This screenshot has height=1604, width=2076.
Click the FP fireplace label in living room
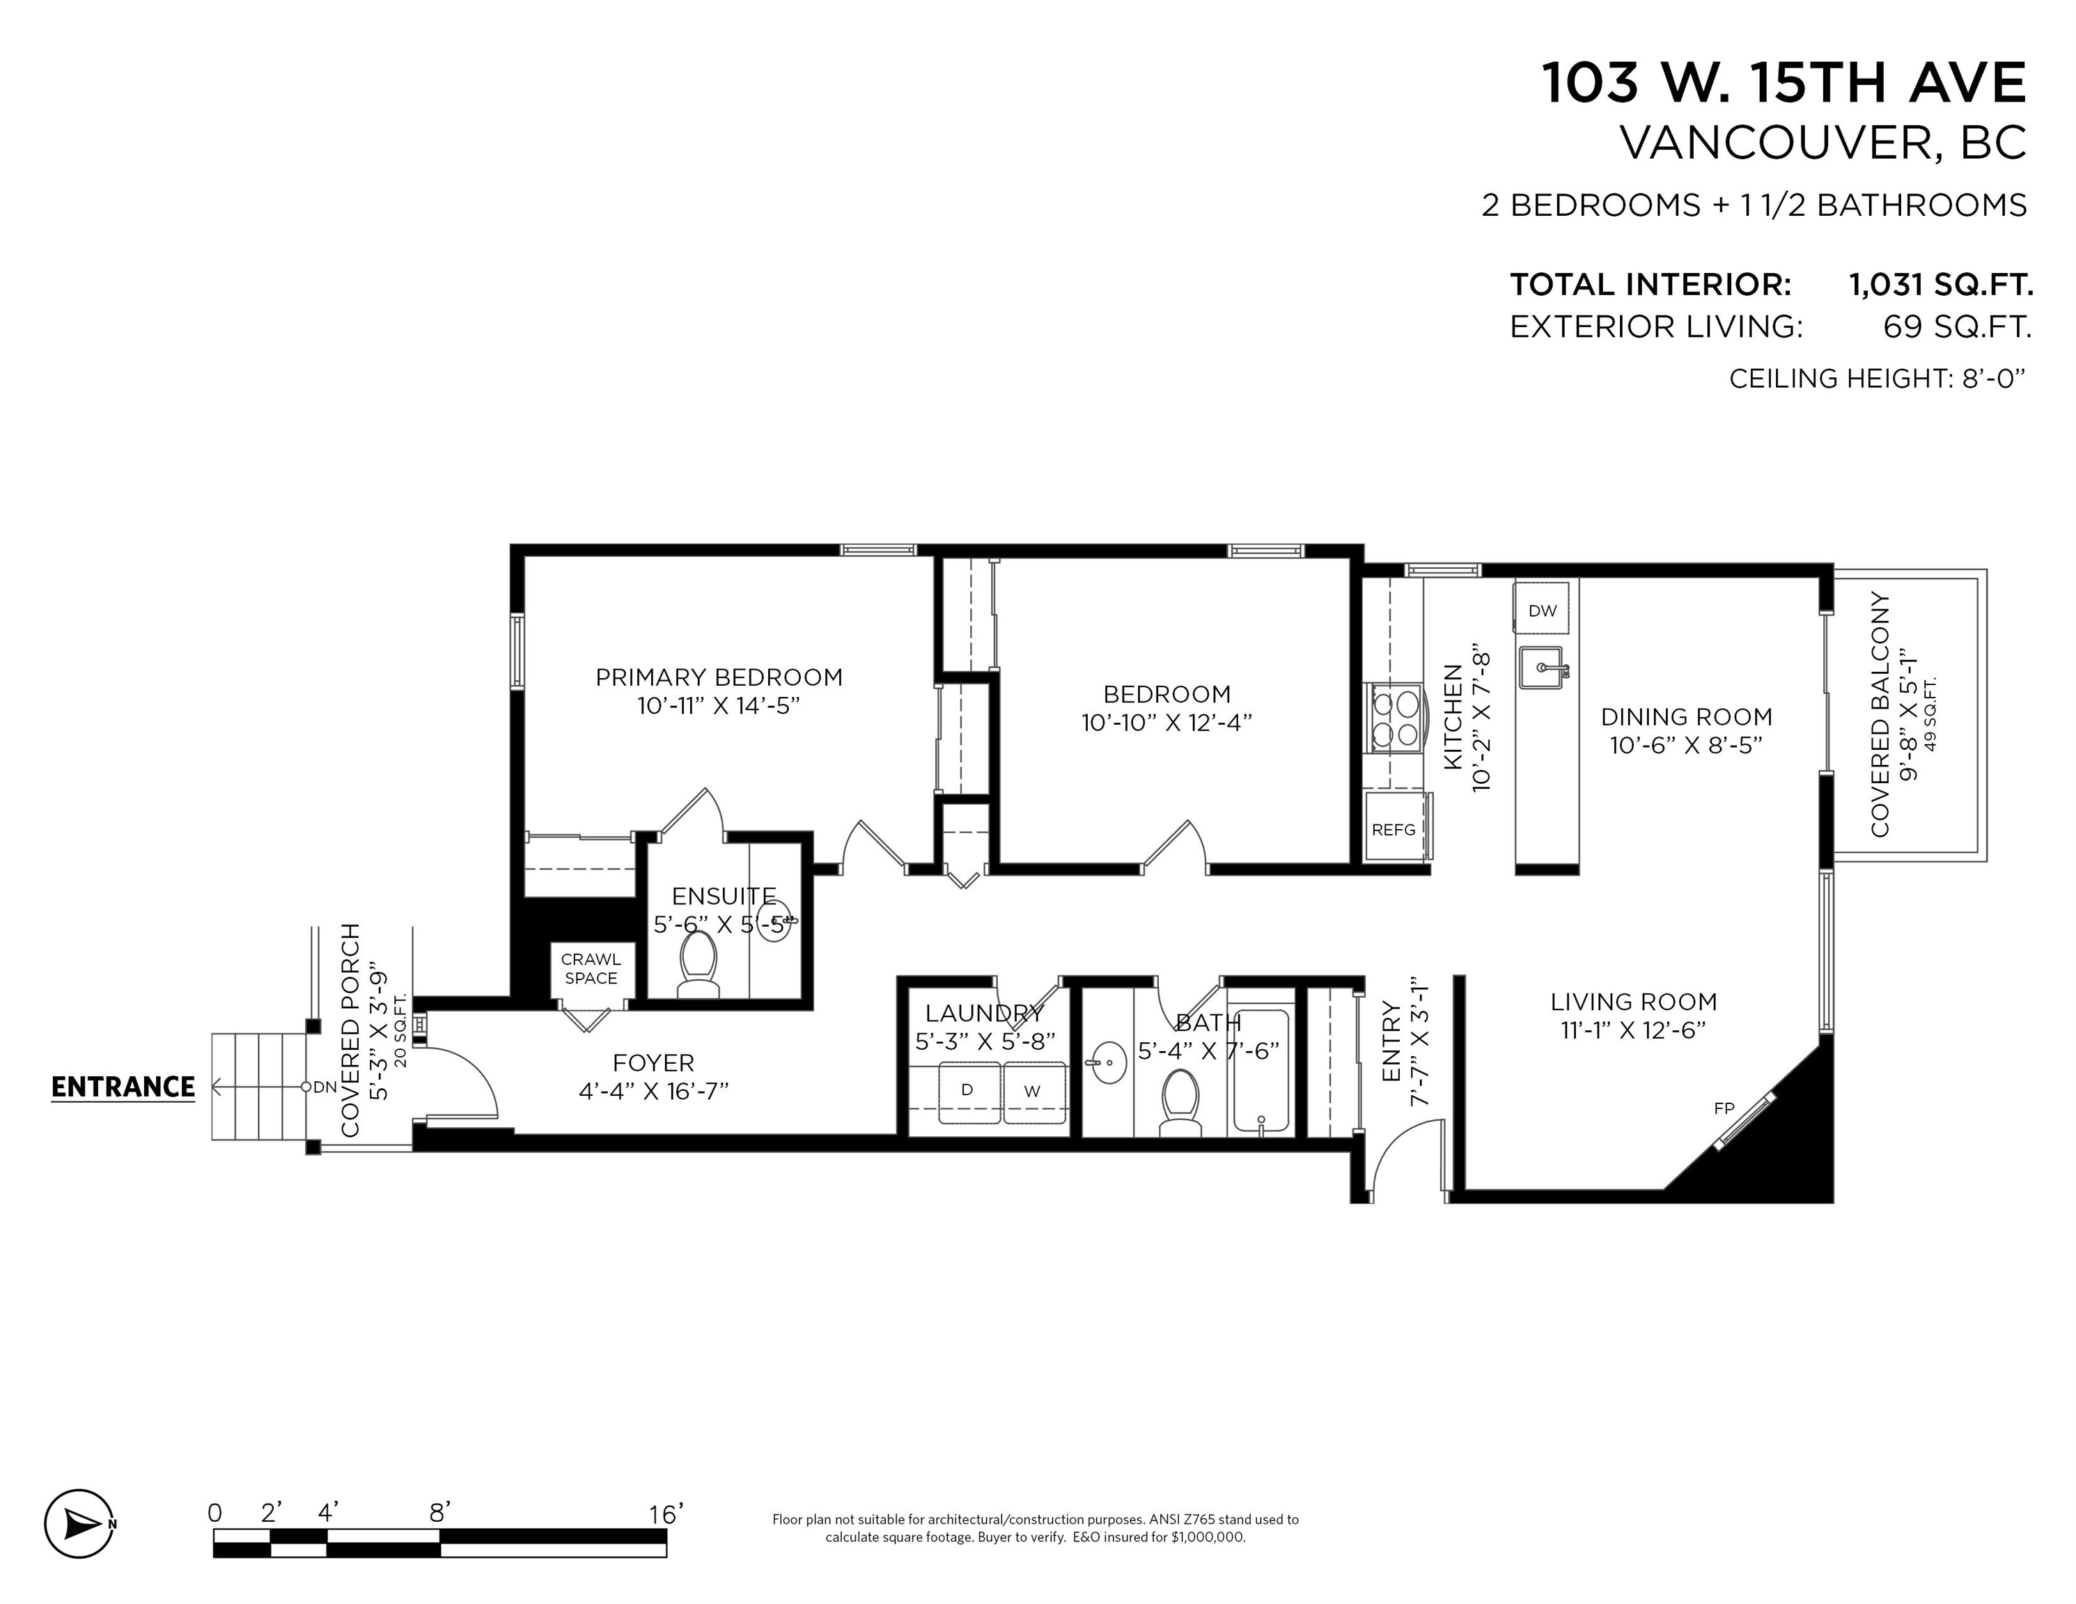1724,1108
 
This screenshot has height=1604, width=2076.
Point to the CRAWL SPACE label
591,969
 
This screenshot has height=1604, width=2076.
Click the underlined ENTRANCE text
123,1087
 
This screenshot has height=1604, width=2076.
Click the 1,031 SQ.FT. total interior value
1940,284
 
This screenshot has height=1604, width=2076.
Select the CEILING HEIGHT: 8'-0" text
1876,378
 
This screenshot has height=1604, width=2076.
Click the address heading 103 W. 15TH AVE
1784,84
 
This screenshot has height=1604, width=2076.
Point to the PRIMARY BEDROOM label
719,677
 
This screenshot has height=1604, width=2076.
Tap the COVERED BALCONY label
1879,714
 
